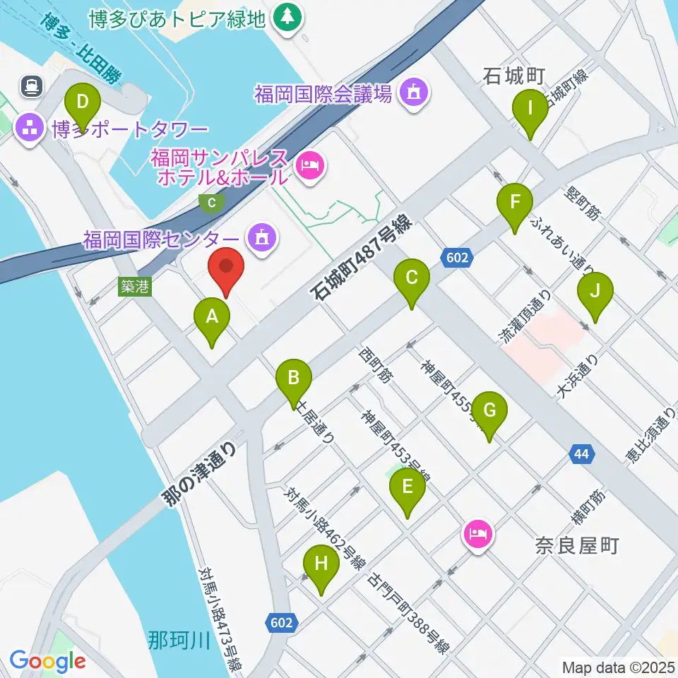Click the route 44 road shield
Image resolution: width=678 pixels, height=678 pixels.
click(x=581, y=456)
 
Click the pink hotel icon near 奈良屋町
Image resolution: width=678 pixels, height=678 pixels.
click(x=477, y=533)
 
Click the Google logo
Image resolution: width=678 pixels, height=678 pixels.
click(x=47, y=661)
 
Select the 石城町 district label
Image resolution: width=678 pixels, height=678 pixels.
click(x=513, y=75)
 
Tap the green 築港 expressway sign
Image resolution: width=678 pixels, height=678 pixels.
click(x=134, y=286)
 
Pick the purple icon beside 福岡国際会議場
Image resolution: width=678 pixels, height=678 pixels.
click(x=412, y=93)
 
